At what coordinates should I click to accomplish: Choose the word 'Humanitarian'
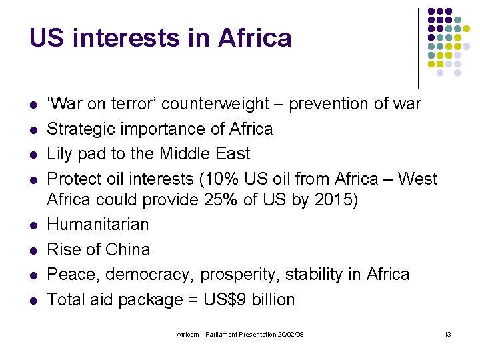[x=98, y=224]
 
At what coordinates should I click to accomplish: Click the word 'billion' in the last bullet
[x=273, y=300]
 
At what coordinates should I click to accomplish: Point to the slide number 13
[x=447, y=333]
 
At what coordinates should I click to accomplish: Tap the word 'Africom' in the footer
[x=187, y=333]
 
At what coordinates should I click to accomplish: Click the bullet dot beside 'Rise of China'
[x=33, y=250]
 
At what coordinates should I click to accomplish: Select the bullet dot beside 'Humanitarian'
[x=33, y=225]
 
